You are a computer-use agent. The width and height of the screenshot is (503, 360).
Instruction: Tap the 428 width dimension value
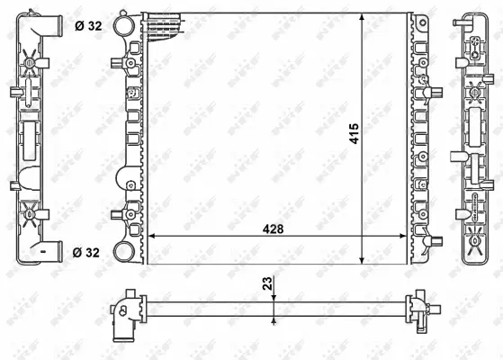pyautogui.click(x=272, y=229)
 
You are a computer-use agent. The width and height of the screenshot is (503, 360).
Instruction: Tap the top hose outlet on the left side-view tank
pyautogui.click(x=51, y=25)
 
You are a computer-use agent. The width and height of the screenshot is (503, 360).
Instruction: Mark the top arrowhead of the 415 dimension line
pyautogui.click(x=364, y=18)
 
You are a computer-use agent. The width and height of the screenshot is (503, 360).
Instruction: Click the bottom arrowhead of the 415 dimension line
pyautogui.click(x=364, y=258)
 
